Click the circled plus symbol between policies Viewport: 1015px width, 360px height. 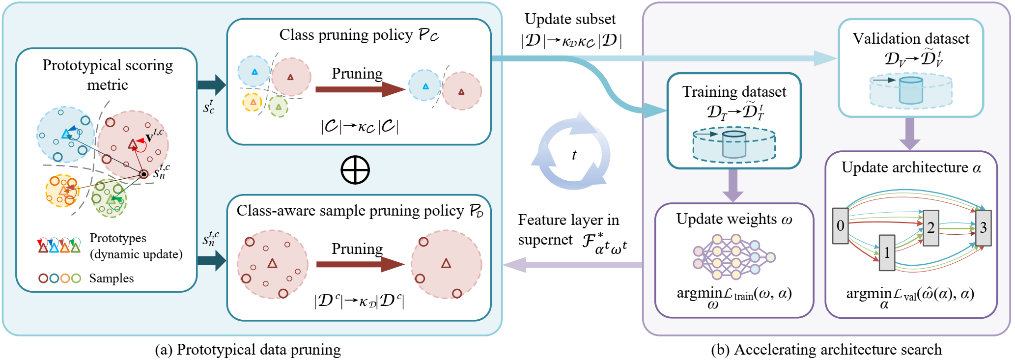(x=355, y=170)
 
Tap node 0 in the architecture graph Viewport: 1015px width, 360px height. (x=840, y=226)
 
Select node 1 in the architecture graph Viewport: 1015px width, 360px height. (x=887, y=253)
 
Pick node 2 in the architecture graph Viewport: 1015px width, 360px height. (x=930, y=227)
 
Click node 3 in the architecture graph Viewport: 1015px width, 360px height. (x=983, y=227)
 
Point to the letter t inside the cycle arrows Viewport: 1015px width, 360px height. (x=574, y=155)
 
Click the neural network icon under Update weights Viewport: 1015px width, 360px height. (x=734, y=257)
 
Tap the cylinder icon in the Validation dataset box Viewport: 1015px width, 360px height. (x=911, y=90)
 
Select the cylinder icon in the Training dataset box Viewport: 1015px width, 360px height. (x=734, y=144)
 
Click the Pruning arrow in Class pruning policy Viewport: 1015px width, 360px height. (x=360, y=89)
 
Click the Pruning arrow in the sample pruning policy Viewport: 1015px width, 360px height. (x=360, y=264)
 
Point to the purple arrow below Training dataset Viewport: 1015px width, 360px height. (x=733, y=185)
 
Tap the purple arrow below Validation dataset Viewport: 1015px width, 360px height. (x=909, y=134)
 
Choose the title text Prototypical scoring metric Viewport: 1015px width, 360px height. (x=108, y=75)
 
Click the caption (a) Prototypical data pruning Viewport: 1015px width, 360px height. (x=248, y=350)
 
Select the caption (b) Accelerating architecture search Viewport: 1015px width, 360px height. (x=826, y=350)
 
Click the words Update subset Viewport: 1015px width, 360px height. (x=570, y=19)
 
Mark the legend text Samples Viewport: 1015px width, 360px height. (x=112, y=278)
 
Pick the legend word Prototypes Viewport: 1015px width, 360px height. (x=118, y=238)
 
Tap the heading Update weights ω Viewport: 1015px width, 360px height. (x=734, y=219)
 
